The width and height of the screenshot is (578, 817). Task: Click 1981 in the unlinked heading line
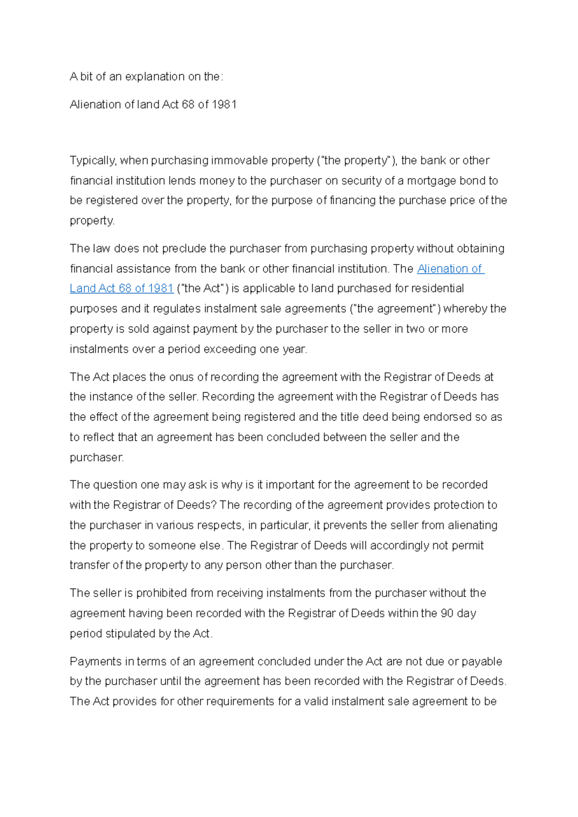click(x=224, y=104)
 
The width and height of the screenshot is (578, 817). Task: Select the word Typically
click(x=93, y=160)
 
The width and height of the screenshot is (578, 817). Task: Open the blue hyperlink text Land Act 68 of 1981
click(x=121, y=288)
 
